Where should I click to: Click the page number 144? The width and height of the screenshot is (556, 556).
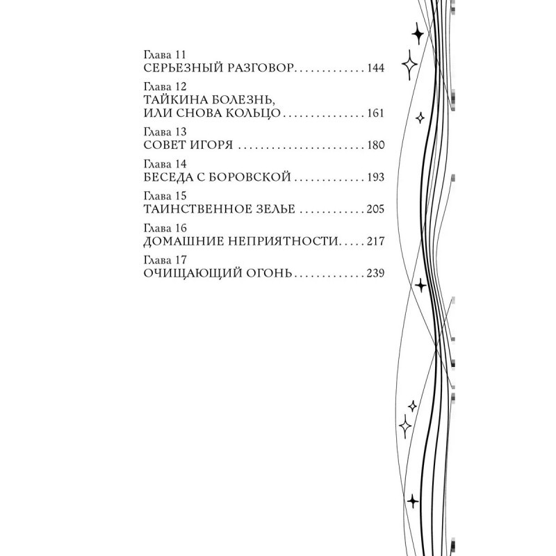pyautogui.click(x=375, y=69)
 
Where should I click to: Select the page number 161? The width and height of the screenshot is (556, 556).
pyautogui.click(x=375, y=114)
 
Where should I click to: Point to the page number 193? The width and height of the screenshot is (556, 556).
pyautogui.click(x=375, y=178)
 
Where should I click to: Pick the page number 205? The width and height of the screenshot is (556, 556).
pyautogui.click(x=375, y=209)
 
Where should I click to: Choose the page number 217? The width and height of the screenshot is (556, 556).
pyautogui.click(x=375, y=241)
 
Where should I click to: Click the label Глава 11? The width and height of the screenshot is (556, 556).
pyautogui.click(x=161, y=55)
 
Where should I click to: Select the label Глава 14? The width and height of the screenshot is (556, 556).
pyautogui.click(x=161, y=164)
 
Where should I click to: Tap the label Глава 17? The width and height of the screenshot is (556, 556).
pyautogui.click(x=161, y=259)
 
